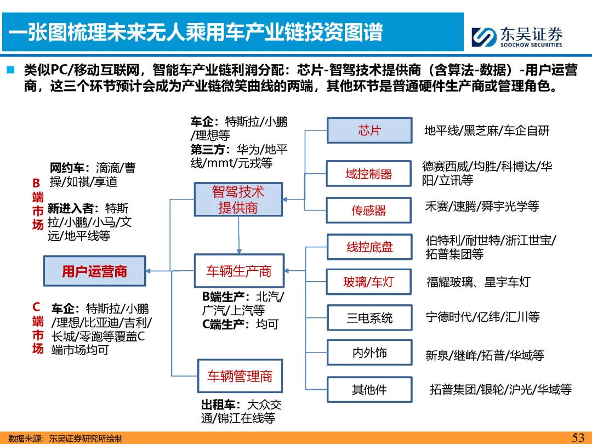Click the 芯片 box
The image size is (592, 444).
coord(369,130)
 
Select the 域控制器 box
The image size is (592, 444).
coord(369,174)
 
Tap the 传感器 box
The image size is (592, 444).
coord(369,210)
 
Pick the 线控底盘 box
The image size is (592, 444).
coord(369,247)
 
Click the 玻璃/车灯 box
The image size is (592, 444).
coord(369,283)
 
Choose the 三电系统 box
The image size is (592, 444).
coord(369,318)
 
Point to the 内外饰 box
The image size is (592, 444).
coord(369,352)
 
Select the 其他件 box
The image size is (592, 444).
coord(369,390)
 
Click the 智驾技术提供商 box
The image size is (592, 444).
coord(238,200)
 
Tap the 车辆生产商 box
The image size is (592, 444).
coord(238,271)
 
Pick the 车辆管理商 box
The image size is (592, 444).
coord(240,377)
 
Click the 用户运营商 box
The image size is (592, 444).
coord(94,271)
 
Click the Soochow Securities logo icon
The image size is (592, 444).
coord(484,37)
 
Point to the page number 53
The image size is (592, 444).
coord(578,437)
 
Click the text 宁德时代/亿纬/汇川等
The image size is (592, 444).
coord(482,317)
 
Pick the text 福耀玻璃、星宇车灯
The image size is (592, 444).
coord(479,282)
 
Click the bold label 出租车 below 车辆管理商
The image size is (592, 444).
coord(219,405)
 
